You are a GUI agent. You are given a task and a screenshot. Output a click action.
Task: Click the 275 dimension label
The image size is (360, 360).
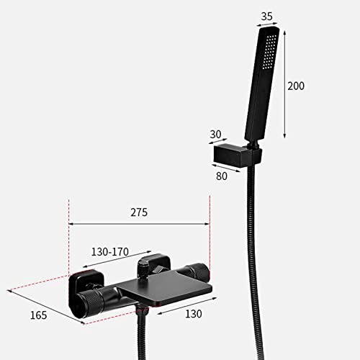139,212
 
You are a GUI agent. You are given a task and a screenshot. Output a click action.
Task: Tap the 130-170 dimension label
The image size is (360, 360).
110,252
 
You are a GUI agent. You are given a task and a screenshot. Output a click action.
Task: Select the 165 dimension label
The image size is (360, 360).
38,315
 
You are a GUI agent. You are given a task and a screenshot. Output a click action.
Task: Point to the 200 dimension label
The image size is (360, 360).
296,86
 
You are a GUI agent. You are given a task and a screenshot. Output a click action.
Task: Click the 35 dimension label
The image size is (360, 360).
267,17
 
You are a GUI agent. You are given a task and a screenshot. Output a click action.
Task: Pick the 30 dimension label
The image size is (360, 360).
215,135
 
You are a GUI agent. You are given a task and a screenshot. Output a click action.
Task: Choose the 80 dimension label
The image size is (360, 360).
222,176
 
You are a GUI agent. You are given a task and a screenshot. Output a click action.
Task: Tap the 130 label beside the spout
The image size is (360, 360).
194,314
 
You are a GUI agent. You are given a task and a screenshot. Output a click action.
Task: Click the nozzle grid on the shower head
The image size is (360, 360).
269,52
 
